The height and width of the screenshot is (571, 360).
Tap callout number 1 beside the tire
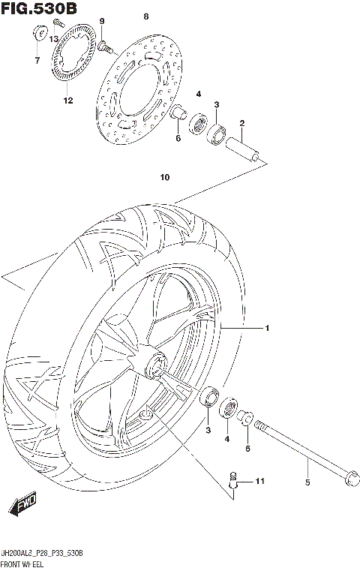point(266,328)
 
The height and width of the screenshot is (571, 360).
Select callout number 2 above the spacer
point(242,123)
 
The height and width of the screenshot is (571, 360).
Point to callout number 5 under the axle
point(307,482)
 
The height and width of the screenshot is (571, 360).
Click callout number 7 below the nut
point(36,60)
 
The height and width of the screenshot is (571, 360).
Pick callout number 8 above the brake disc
point(146,17)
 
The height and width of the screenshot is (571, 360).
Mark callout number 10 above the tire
point(164,178)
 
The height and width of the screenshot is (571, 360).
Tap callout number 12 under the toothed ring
point(67,101)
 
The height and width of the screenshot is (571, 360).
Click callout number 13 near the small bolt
point(54,39)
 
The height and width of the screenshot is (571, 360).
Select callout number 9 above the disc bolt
point(102,21)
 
